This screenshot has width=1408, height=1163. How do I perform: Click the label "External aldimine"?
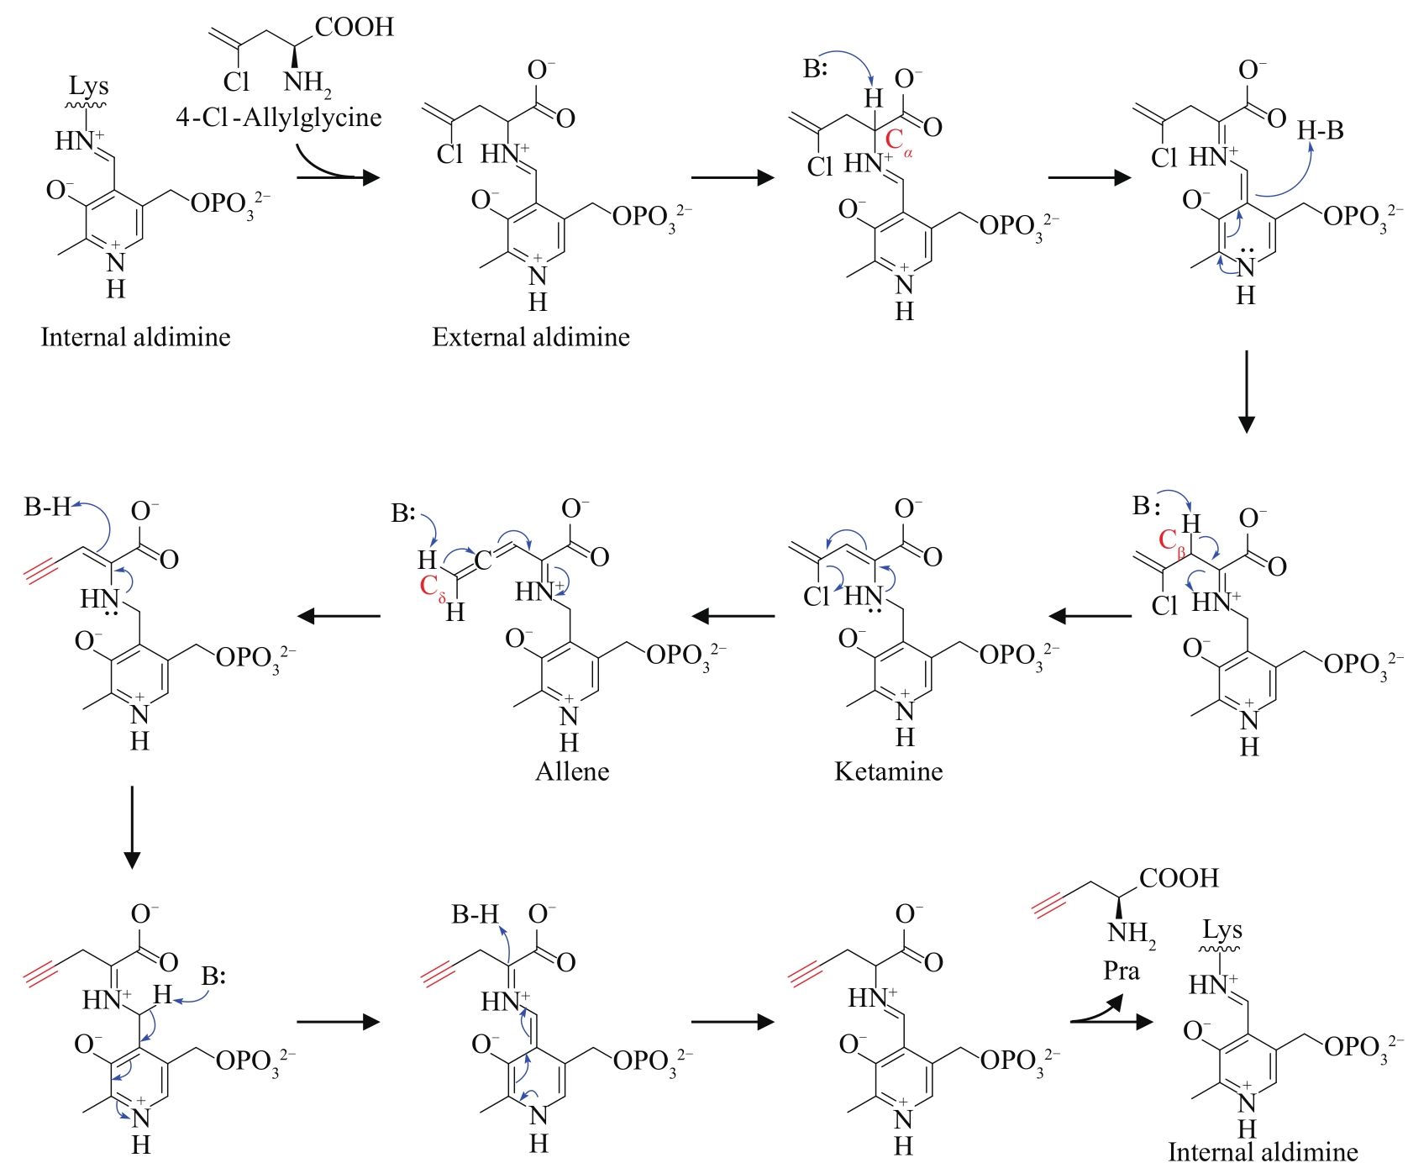[531, 337]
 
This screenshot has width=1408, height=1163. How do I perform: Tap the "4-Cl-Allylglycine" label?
[278, 117]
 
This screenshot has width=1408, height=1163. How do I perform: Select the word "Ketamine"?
[888, 771]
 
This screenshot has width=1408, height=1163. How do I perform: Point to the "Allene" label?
[572, 771]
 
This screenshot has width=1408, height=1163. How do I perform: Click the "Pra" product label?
[1121, 971]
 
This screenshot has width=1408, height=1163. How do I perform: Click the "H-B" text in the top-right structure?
[1320, 130]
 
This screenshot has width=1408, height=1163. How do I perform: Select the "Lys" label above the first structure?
[88, 86]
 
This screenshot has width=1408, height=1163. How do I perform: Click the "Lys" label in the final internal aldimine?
[1221, 930]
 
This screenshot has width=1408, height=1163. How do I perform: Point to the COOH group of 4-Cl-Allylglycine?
[354, 27]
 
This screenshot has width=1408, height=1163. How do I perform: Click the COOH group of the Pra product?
[1178, 878]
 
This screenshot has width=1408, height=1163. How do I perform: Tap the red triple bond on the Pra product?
[1052, 905]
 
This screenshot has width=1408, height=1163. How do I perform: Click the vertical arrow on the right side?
[1247, 391]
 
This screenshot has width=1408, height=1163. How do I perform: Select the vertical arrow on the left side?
[132, 827]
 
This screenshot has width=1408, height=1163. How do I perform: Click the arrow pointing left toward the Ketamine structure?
[1090, 616]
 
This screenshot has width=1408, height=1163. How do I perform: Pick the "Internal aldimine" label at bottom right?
[1262, 1151]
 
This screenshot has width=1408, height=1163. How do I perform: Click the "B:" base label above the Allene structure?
[403, 513]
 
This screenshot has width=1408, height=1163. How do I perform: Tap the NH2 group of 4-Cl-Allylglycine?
[307, 82]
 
